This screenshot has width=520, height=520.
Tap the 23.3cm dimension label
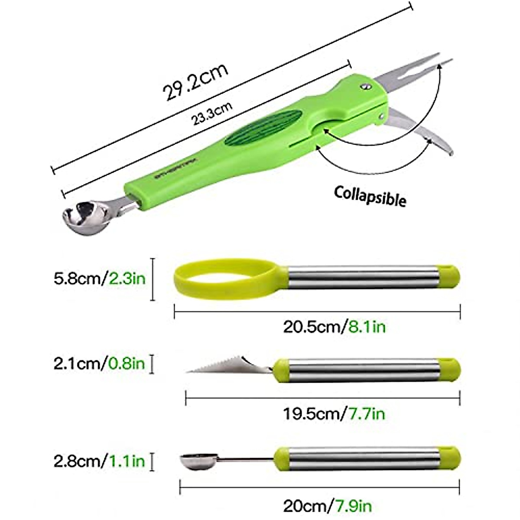(213, 114)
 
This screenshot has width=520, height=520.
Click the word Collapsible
(370, 196)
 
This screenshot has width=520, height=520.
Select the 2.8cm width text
(77, 461)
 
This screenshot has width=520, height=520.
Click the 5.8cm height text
(77, 278)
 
